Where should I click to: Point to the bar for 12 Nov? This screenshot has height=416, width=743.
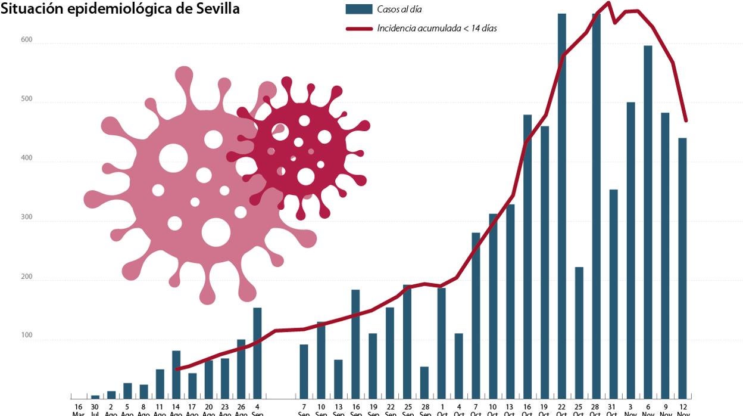tap(682, 268)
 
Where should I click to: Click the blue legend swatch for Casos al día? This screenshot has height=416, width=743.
tap(358, 10)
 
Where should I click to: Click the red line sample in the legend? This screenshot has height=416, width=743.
tap(358, 28)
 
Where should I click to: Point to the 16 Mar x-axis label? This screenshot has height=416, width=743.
tap(79, 410)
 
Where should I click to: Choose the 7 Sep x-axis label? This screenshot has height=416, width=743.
tap(304, 410)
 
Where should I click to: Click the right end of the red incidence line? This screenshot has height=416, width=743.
tap(686, 121)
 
